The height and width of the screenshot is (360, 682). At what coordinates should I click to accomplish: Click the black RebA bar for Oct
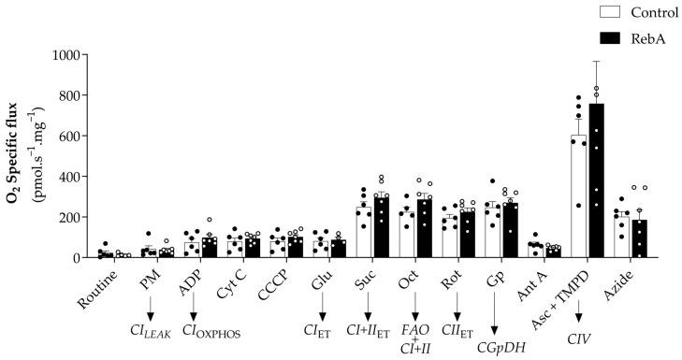(424, 228)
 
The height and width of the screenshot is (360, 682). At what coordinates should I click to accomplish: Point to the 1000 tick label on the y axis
(67, 55)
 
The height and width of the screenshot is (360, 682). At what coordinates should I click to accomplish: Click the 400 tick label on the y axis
(71, 177)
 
